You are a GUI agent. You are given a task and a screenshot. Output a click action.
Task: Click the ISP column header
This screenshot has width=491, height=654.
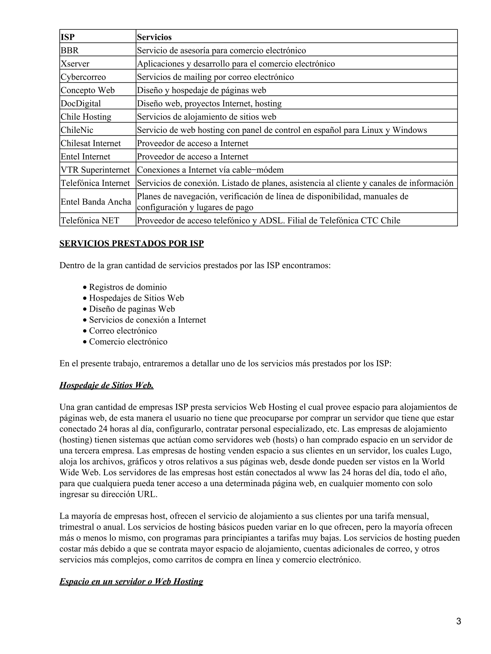click(x=68, y=37)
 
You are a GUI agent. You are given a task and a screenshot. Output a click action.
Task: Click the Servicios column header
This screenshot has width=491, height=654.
click(x=154, y=37)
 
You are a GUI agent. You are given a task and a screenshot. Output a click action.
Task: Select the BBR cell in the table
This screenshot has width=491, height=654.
click(x=70, y=51)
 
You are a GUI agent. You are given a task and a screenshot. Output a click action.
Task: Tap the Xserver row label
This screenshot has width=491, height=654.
click(x=75, y=64)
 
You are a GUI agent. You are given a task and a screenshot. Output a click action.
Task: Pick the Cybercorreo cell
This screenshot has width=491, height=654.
click(x=83, y=77)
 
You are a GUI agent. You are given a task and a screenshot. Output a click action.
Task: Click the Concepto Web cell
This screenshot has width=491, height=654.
click(x=88, y=90)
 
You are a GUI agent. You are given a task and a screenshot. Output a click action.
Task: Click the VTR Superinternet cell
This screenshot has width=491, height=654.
click(x=95, y=170)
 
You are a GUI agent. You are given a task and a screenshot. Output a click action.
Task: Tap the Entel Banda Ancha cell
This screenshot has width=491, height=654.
click(x=96, y=202)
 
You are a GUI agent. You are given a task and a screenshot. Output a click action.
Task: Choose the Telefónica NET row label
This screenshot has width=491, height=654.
click(x=90, y=220)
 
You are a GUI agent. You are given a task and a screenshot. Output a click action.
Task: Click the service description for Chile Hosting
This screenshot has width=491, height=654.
click(x=206, y=117)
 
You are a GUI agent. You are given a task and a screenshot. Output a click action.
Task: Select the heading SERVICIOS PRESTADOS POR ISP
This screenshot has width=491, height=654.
click(x=131, y=243)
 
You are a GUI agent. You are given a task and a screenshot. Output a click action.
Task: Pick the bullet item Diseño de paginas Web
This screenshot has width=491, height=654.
click(x=132, y=309)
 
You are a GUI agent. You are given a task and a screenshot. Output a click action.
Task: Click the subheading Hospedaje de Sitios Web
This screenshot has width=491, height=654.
click(x=106, y=385)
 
